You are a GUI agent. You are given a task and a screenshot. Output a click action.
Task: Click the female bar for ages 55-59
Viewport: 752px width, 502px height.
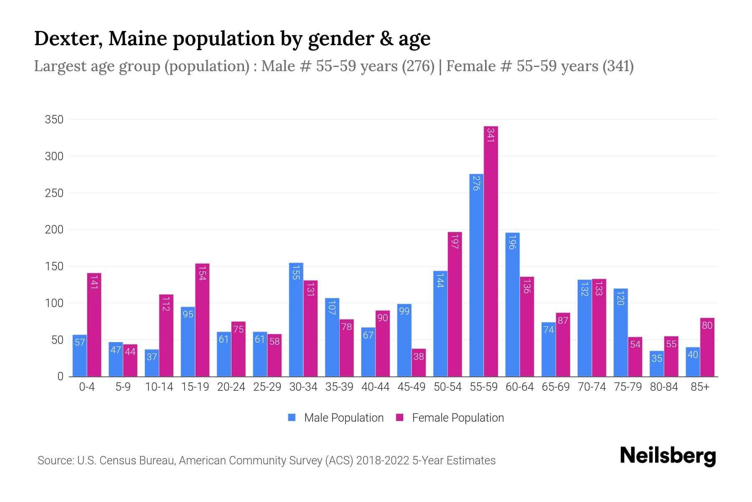coord(491,251)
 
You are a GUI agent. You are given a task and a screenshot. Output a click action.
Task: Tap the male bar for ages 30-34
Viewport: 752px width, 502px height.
coord(296,320)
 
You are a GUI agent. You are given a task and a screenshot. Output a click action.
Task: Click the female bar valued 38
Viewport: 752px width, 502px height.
coord(419,363)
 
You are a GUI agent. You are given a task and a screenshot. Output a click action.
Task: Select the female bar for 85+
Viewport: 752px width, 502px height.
coord(707,347)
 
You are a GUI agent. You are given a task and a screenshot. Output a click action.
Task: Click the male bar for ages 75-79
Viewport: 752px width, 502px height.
coord(620,333)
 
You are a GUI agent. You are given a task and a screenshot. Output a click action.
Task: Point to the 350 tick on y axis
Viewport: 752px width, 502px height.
coord(54,120)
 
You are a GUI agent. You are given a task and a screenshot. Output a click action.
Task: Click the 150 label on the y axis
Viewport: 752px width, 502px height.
coord(54,266)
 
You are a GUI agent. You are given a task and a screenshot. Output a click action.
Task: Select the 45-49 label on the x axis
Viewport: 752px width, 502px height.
coord(411,387)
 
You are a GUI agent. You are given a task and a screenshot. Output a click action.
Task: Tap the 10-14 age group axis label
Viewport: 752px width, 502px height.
coord(159,387)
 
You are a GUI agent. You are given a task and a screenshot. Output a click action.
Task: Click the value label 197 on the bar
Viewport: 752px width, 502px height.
coord(455,242)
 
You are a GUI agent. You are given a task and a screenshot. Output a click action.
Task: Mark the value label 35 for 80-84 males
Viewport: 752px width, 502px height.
coord(657,359)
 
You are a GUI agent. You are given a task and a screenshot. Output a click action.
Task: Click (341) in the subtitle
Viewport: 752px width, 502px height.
coord(618,66)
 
